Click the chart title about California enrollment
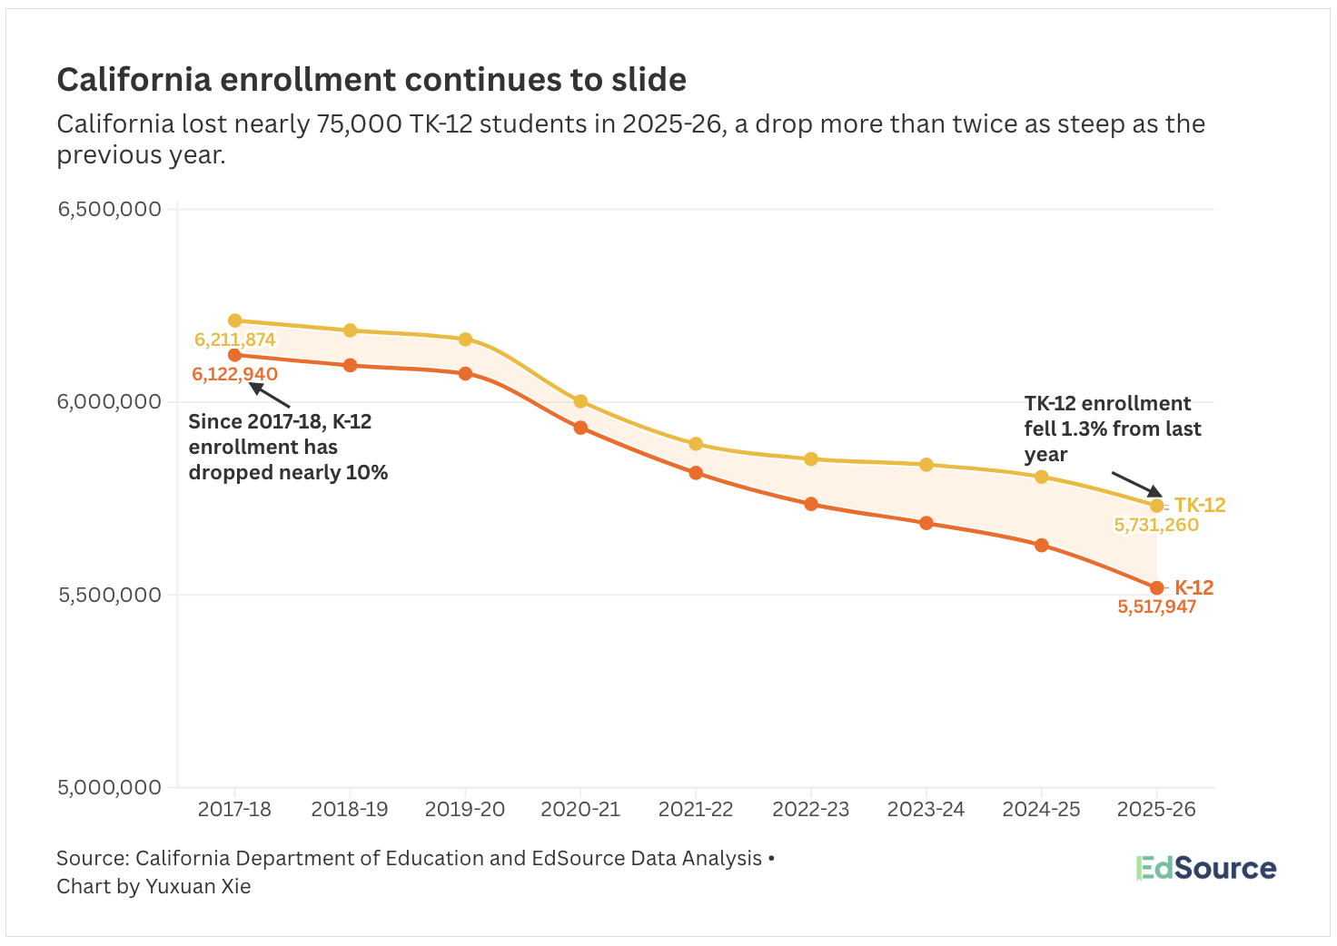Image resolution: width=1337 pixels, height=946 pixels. pos(371,80)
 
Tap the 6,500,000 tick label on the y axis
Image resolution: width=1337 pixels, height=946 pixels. pos(109,209)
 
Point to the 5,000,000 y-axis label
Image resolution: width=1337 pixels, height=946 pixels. pos(109,787)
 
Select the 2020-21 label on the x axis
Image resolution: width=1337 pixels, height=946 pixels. pos(580,809)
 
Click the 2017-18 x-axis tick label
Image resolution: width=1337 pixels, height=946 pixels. pos(234,809)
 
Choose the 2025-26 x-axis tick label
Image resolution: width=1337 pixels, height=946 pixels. pos(1156,809)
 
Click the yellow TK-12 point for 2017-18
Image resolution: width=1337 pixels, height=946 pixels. pos(235,320)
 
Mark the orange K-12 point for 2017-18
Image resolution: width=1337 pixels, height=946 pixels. pos(235,355)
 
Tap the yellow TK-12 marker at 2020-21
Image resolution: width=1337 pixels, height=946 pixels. pos(580,401)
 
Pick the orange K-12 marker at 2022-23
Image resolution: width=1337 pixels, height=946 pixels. pos(811,504)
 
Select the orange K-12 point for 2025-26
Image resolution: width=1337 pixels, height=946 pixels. pos(1156,588)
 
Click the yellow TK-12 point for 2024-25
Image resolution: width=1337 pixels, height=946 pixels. pos(1042,477)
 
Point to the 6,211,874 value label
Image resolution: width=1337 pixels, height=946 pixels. pos(235,340)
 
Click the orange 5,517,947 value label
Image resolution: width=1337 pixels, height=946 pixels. pos(1156,607)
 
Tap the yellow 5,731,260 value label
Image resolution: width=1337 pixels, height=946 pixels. pos(1156,526)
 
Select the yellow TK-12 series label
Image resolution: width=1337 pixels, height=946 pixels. pos(1200,506)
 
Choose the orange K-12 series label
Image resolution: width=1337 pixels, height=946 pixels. pos(1194,587)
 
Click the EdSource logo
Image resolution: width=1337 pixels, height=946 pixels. pos(1205,868)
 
